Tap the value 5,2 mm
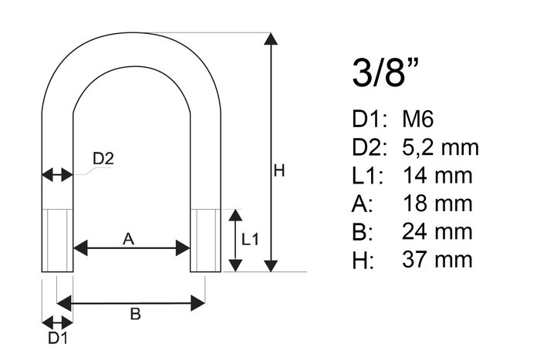tap(440, 147)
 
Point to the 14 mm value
tap(437, 176)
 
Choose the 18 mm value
tap(437, 204)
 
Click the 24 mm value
tap(437, 231)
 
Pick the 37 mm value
tap(437, 259)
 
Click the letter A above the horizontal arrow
tap(129, 240)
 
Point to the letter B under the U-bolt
tap(134, 314)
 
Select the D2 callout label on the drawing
tap(103, 160)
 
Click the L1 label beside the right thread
tap(250, 240)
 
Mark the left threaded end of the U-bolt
tap(57, 240)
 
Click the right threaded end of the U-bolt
tap(205, 240)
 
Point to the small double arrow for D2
tap(57, 175)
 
